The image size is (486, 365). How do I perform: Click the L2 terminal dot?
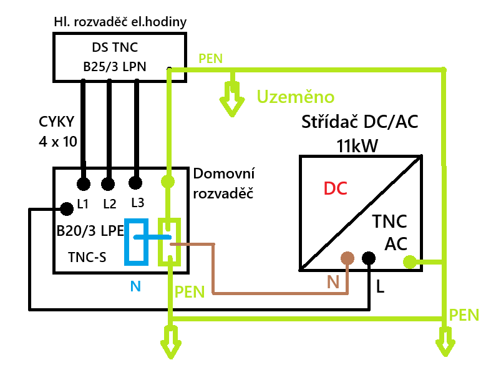(x=109, y=183)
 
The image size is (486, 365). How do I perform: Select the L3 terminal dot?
(x=134, y=183)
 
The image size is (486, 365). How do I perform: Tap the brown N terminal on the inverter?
(x=347, y=258)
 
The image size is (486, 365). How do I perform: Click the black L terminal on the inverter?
(x=369, y=258)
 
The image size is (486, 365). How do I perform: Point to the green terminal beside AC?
(x=409, y=261)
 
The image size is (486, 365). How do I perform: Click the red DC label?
(x=334, y=187)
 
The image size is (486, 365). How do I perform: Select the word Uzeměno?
(x=296, y=97)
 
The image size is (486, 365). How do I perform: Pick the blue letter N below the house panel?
(x=135, y=287)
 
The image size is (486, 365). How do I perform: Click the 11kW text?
(x=357, y=147)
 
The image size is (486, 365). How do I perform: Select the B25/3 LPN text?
(x=115, y=67)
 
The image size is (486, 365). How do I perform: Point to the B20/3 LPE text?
(x=90, y=231)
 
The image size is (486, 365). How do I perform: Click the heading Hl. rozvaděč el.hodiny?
(x=120, y=22)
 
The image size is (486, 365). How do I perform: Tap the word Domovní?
(x=224, y=173)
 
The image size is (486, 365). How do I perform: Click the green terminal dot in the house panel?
(x=168, y=182)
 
